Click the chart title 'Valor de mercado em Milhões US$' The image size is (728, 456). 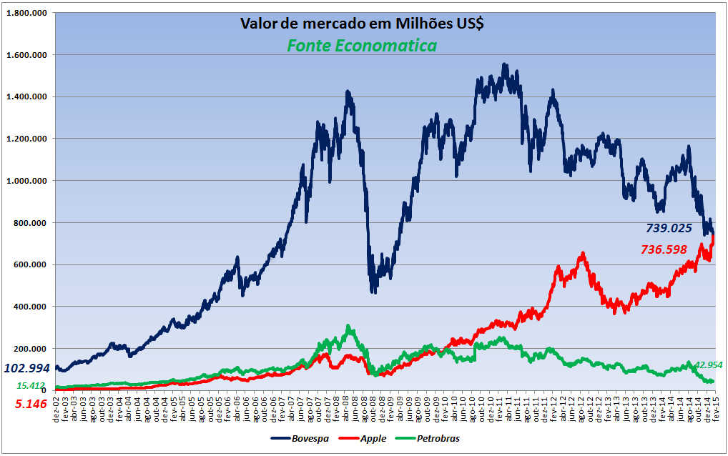pyautogui.click(x=362, y=24)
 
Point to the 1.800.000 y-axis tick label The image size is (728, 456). pyautogui.click(x=27, y=14)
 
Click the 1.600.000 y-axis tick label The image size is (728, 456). pyautogui.click(x=27, y=55)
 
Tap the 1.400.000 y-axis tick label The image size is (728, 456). pyautogui.click(x=27, y=97)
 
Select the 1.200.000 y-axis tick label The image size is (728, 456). pyautogui.click(x=27, y=139)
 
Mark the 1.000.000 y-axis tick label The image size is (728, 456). pyautogui.click(x=27, y=181)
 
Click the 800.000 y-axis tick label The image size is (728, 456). pyautogui.click(x=31, y=223)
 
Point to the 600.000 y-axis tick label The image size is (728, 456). pyautogui.click(x=31, y=264)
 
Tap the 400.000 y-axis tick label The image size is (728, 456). pyautogui.click(x=31, y=307)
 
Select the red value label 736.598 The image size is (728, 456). pyautogui.click(x=664, y=249)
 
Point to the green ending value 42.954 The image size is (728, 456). pyautogui.click(x=707, y=365)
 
